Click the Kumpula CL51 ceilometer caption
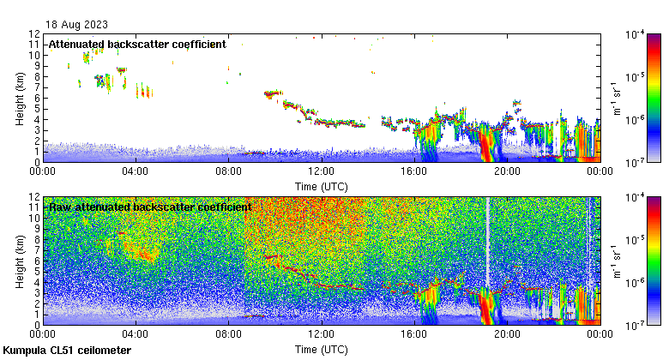(x=67, y=351)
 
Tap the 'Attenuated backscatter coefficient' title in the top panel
(x=137, y=44)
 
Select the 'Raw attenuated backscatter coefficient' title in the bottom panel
(x=149, y=207)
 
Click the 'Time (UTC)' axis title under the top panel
(x=321, y=186)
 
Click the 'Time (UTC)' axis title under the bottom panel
(x=321, y=350)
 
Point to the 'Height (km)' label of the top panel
(x=20, y=97)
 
